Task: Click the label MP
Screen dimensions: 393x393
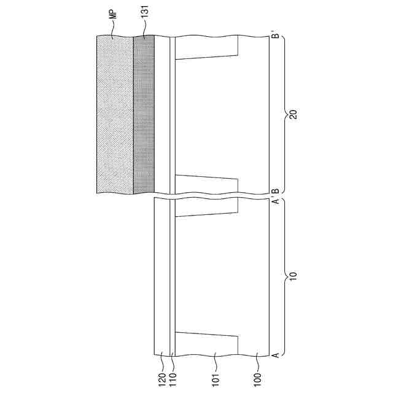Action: tap(113, 14)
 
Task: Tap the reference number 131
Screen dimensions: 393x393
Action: tap(145, 12)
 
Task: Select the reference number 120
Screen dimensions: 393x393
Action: tap(162, 381)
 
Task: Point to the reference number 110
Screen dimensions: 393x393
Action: tap(173, 381)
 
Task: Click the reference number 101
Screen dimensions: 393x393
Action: tap(216, 381)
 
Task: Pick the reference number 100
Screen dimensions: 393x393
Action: tap(257, 381)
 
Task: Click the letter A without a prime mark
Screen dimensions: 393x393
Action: tap(276, 355)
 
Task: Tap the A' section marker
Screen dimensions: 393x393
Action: tap(276, 201)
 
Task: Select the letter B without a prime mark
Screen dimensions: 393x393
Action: tap(276, 191)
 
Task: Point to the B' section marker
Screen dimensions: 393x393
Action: tap(276, 34)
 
